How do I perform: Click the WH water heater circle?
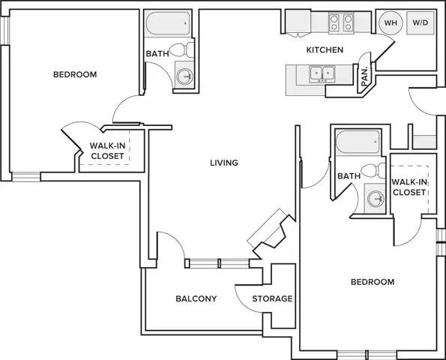[x=391, y=22]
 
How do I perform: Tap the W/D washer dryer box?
[x=421, y=22]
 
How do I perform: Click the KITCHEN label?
[x=325, y=49]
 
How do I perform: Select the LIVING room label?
[x=224, y=163]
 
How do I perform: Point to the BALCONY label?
[x=196, y=298]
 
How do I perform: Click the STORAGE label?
[x=273, y=298]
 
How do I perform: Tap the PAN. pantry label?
[x=364, y=76]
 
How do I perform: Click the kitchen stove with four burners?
[x=341, y=22]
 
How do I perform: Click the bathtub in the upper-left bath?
[x=168, y=23]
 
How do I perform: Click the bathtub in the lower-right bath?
[x=358, y=142]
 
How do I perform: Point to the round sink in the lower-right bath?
[x=376, y=198]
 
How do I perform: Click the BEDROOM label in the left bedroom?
[x=75, y=74]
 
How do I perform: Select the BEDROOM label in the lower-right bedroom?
[x=373, y=282]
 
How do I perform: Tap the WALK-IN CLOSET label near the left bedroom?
[x=107, y=151]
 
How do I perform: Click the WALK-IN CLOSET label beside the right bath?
[x=409, y=187]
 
